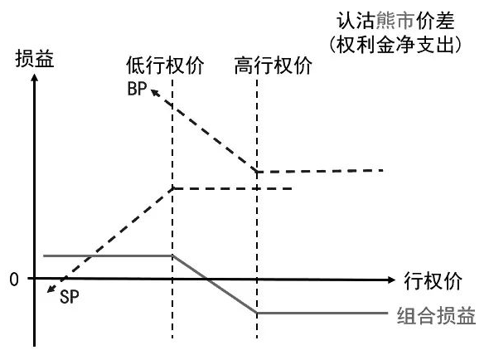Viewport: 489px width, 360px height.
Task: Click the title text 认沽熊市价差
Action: pos(395,21)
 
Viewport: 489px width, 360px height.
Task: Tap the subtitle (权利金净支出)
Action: pos(395,45)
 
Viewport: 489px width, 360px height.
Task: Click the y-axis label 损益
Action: pos(35,58)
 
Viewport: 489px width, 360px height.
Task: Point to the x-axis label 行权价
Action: pos(433,281)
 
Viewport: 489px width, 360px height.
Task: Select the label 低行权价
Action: pos(165,66)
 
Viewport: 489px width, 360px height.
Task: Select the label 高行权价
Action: pos(274,66)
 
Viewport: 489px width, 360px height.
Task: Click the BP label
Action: pos(137,89)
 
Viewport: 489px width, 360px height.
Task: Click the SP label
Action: pos(70,297)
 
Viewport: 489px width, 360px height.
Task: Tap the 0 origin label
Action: pos(14,280)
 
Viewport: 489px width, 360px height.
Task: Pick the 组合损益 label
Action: pos(436,316)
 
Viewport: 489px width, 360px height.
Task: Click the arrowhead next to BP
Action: pos(155,92)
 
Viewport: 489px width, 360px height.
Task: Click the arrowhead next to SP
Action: pos(51,289)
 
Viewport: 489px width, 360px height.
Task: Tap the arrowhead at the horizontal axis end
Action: pos(391,280)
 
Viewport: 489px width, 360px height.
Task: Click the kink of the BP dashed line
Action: pos(257,172)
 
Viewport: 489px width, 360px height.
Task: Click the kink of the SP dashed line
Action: pos(172,188)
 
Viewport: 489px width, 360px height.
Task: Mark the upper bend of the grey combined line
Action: pos(172,255)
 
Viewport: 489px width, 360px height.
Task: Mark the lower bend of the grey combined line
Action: pos(257,313)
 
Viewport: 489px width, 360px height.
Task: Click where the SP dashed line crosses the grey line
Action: pos(90,256)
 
